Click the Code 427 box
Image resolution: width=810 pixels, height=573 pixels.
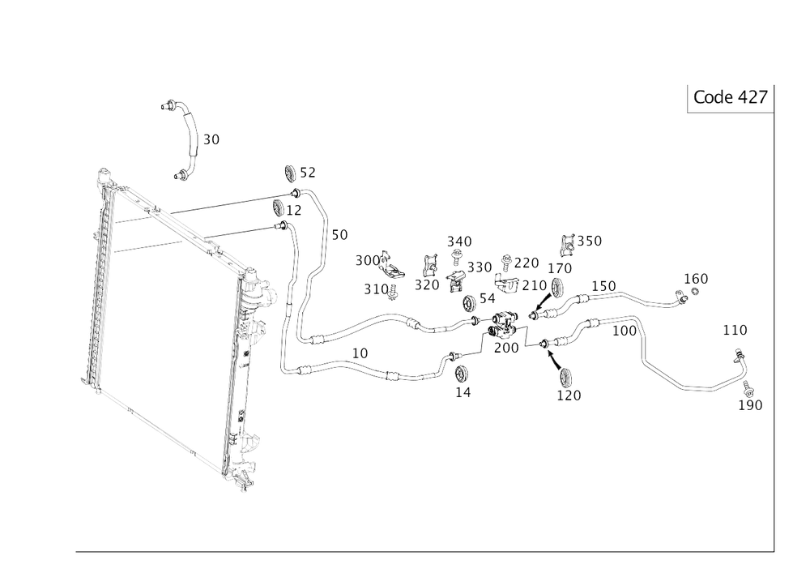730,98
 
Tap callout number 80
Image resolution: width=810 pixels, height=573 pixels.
211,139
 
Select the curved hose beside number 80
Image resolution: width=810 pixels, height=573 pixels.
190,138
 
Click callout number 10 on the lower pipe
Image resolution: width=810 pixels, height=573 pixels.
360,353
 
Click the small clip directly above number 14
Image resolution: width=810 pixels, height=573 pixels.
460,372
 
